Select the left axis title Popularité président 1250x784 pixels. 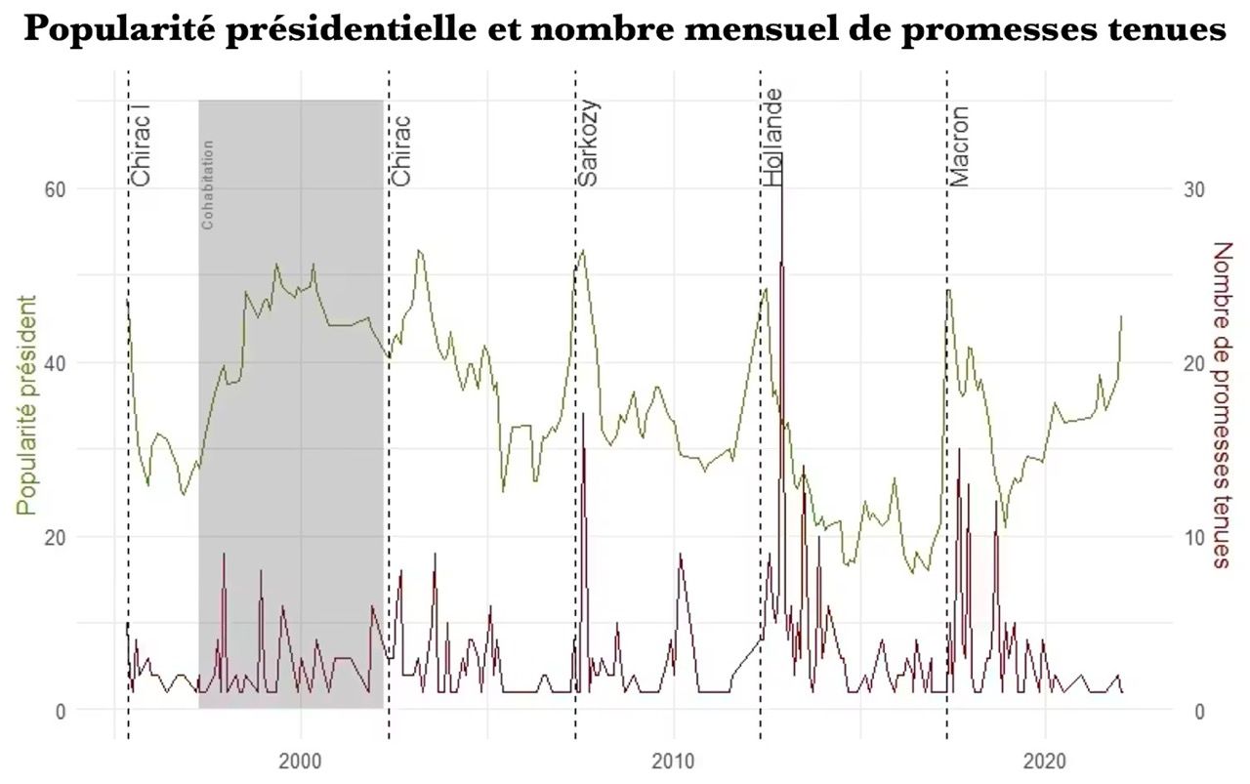(27, 404)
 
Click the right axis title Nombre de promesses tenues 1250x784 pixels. (1222, 404)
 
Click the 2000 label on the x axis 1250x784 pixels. (301, 762)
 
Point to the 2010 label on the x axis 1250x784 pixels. (673, 762)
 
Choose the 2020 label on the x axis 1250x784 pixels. (1045, 762)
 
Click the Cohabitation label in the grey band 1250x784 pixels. (207, 186)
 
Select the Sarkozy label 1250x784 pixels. (588, 143)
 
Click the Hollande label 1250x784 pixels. (773, 137)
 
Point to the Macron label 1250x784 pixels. (960, 146)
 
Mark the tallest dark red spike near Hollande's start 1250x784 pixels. (783, 156)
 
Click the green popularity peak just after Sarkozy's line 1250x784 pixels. (583, 251)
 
